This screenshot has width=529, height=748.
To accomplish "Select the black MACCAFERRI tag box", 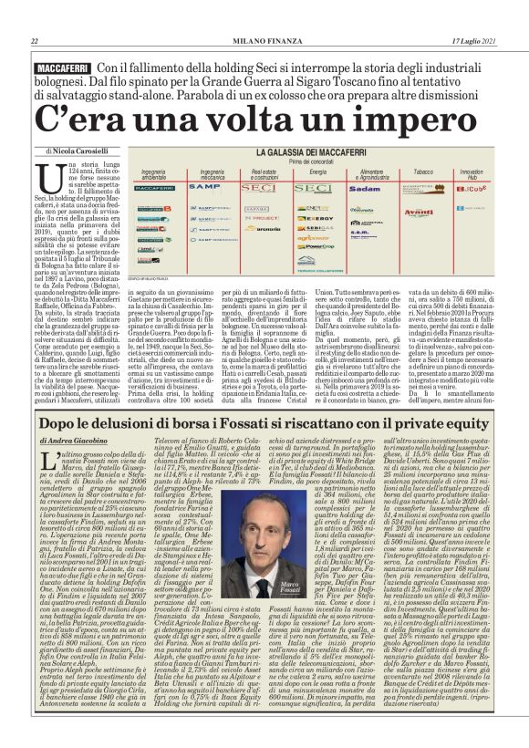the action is (61, 69).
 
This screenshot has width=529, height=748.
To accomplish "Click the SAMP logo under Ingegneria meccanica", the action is (204, 186).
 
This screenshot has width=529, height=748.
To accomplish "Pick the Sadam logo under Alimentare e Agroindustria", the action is (365, 189).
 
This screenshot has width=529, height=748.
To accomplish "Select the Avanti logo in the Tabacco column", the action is (419, 211).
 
